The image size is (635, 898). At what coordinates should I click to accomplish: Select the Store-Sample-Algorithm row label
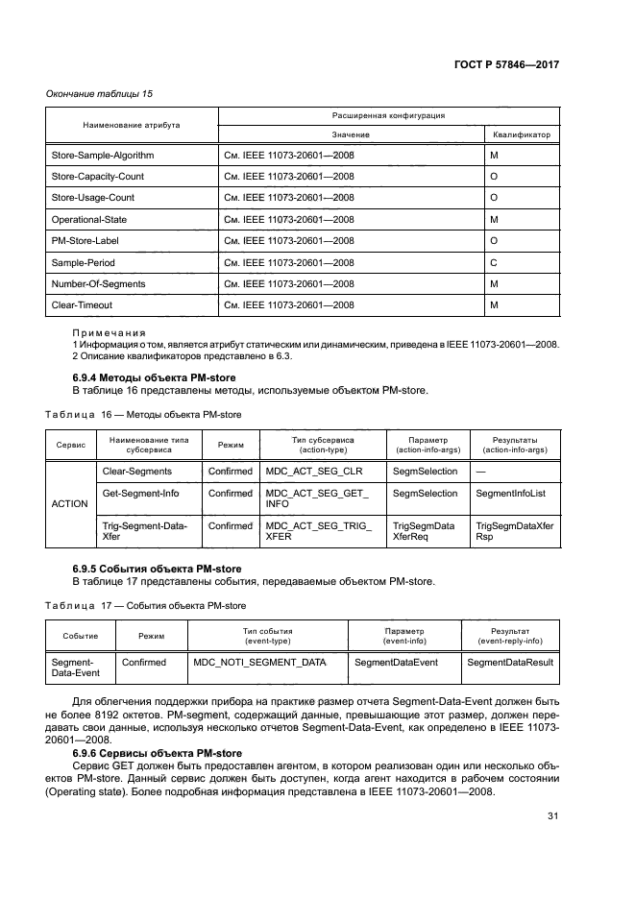tap(103, 156)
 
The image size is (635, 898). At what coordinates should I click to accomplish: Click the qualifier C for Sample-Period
tap(493, 262)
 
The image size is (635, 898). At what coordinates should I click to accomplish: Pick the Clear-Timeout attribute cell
tap(82, 305)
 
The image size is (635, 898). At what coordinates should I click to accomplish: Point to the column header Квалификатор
tap(522, 134)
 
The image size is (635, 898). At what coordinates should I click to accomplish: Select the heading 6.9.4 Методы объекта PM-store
tap(155, 377)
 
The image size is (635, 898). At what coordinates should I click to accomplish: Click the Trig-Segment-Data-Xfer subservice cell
tap(145, 532)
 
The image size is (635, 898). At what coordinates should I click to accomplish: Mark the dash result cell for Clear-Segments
tap(479, 472)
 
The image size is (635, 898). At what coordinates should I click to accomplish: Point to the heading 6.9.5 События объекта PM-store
tap(158, 569)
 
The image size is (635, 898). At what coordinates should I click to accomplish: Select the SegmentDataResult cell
tap(510, 662)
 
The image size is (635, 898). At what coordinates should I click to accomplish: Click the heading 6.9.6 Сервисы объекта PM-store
tap(158, 752)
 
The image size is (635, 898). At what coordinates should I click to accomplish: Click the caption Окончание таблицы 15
tap(100, 93)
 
